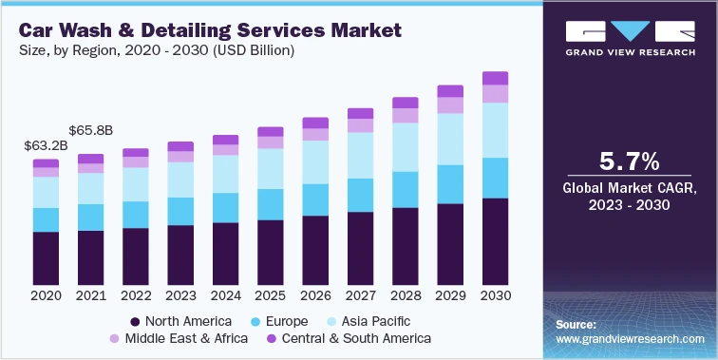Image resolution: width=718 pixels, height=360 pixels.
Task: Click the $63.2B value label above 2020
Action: point(46,146)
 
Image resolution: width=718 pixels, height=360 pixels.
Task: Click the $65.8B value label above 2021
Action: point(91,130)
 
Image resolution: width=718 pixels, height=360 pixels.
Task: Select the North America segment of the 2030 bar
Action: point(495,241)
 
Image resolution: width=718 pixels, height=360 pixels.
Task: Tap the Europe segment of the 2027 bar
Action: point(360,195)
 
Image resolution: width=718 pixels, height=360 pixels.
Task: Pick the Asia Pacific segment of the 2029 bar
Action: point(450,139)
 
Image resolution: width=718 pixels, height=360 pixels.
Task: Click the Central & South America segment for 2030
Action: point(495,78)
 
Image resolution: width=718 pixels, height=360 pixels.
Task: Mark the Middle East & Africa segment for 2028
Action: point(406,116)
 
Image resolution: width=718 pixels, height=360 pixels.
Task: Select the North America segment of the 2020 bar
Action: point(46,257)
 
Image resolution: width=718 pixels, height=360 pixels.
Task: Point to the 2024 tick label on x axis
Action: point(225,296)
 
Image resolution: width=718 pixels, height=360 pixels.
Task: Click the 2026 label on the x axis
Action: point(315,296)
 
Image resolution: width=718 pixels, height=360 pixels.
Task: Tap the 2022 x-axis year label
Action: point(136,296)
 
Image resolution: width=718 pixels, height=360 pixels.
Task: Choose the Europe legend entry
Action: point(281,321)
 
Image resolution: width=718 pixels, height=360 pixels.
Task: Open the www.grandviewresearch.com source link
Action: point(630,338)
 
